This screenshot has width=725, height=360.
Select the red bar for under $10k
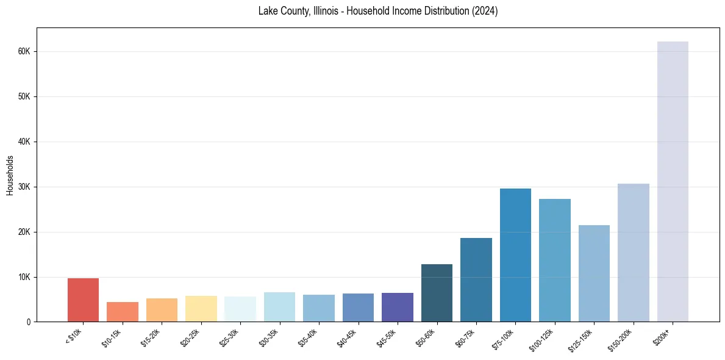click(83, 300)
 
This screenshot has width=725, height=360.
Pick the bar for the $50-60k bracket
click(437, 293)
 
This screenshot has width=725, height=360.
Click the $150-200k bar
click(633, 253)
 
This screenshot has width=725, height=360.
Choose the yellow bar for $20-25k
click(201, 309)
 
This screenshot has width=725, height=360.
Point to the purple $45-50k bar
click(397, 307)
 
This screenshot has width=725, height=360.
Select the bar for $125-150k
click(594, 273)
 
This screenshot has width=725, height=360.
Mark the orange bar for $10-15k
click(122, 312)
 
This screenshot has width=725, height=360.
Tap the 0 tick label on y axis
click(29, 322)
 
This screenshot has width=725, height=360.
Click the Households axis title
click(10, 175)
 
